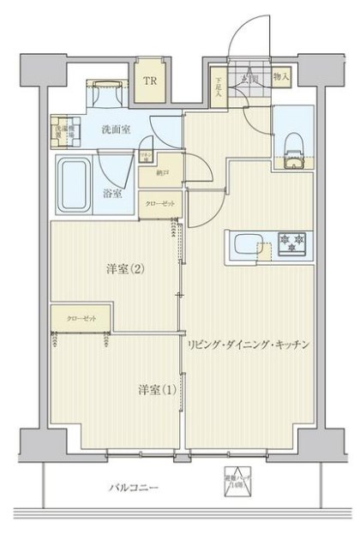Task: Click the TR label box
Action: (150, 82)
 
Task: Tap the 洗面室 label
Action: (117, 129)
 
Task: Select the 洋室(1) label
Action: (157, 390)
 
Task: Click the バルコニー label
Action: (134, 488)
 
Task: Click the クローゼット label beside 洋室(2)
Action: (82, 318)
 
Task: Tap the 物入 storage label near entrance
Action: (282, 77)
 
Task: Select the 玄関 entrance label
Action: (249, 80)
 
